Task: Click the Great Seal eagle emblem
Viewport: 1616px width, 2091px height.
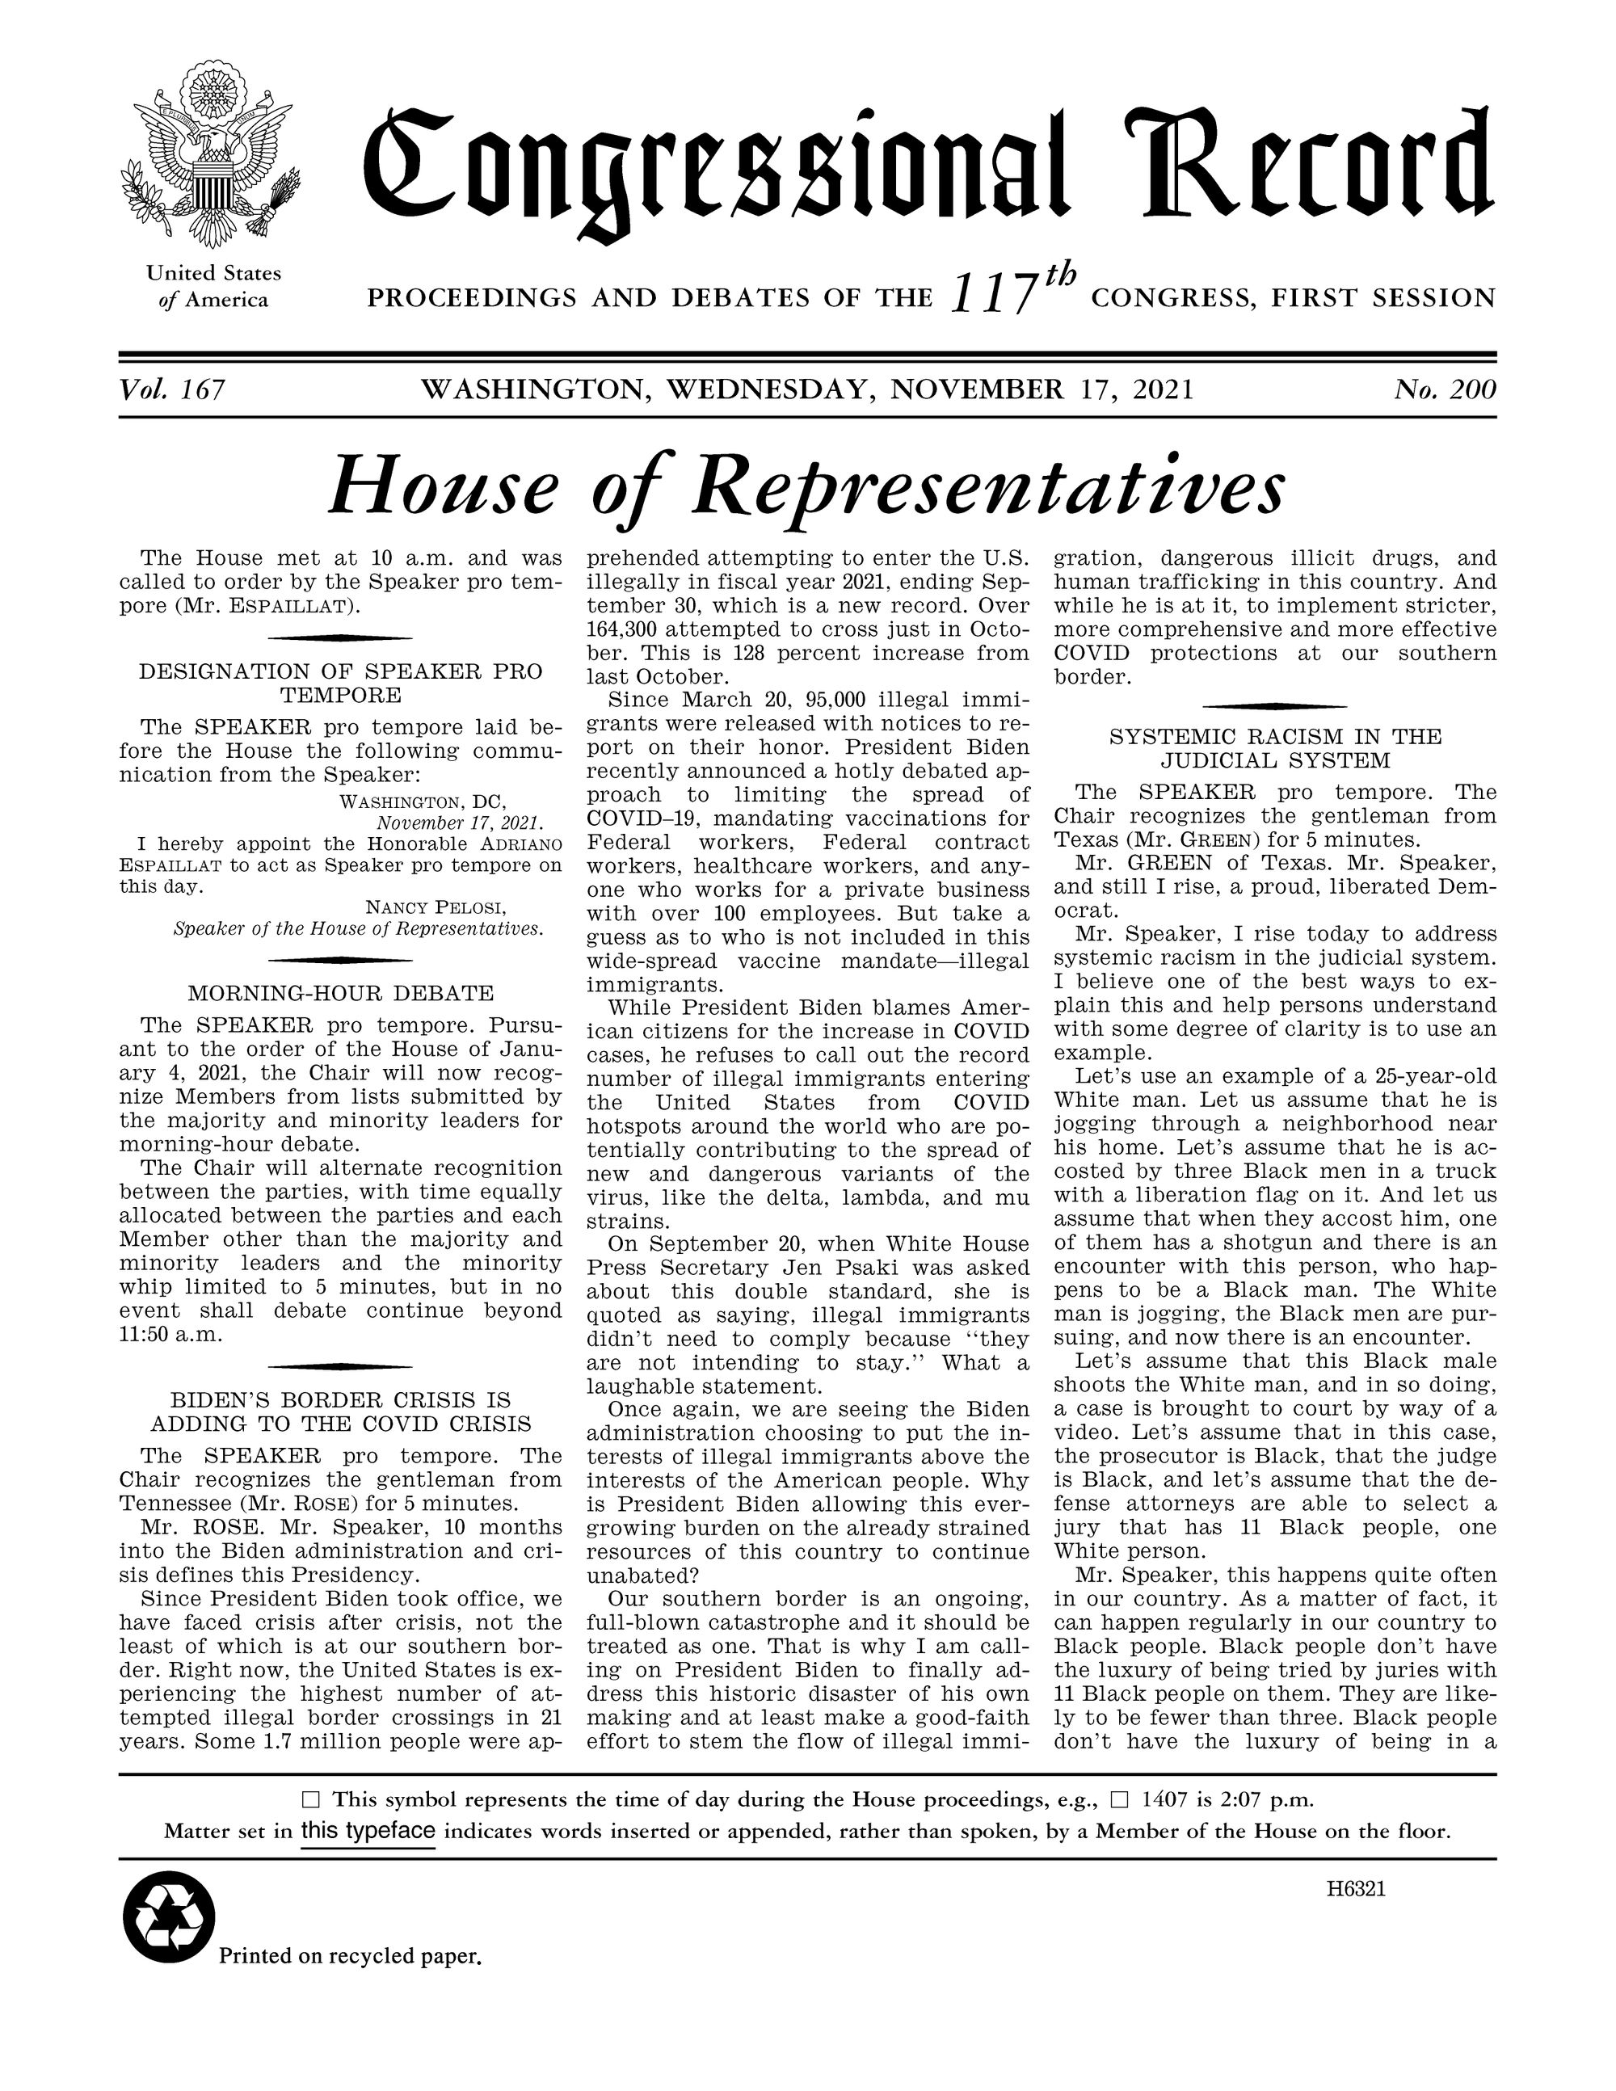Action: point(206,158)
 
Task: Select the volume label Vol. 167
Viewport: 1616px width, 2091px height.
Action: point(172,389)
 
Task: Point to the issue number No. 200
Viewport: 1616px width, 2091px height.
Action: point(1445,389)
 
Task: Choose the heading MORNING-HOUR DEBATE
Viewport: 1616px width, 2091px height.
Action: point(341,993)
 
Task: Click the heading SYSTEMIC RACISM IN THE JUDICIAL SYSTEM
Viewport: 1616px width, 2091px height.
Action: point(1274,749)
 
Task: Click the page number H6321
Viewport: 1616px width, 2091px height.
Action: point(1356,1890)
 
